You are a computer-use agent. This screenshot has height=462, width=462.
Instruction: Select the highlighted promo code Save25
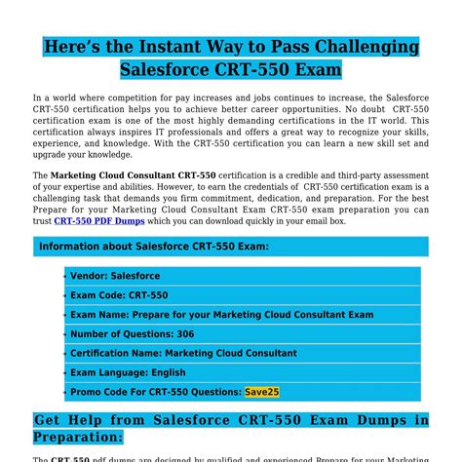[262, 391]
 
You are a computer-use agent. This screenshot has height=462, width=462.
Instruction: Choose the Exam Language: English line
[128, 372]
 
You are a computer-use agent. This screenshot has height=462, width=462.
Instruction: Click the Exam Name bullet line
[221, 315]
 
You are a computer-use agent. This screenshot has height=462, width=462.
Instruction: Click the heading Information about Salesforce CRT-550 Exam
[154, 247]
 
